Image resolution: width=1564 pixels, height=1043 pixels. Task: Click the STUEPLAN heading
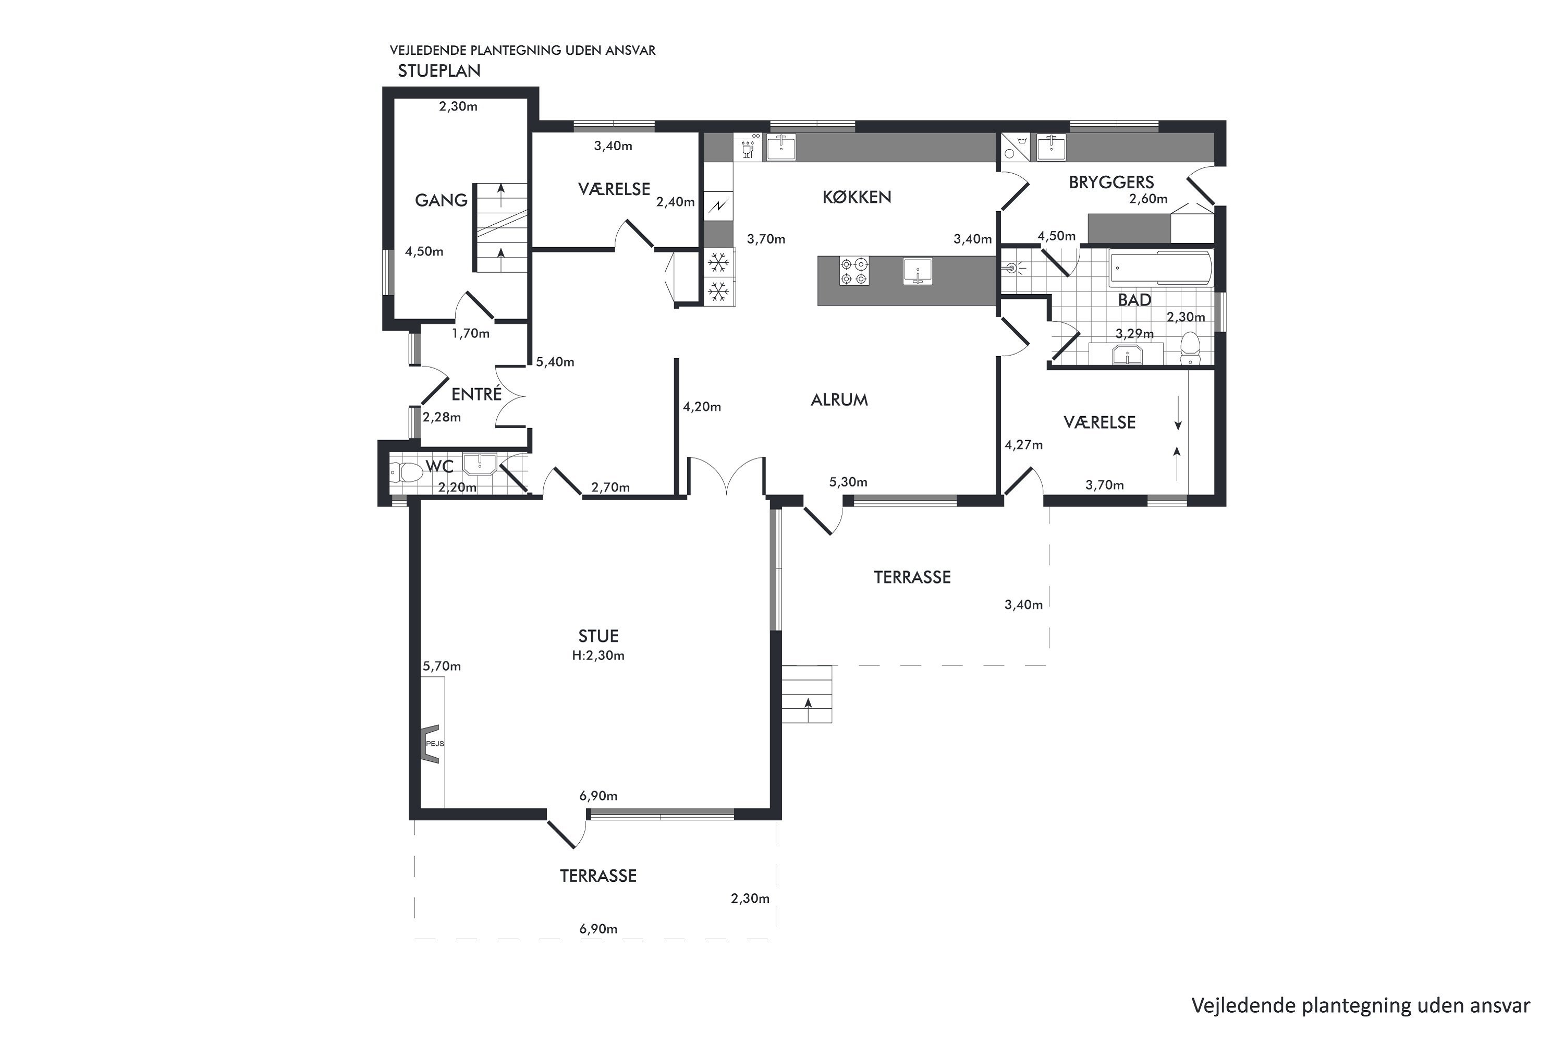(x=439, y=70)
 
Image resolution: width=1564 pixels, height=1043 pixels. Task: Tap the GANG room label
(x=441, y=200)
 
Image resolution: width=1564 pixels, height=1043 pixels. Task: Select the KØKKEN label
(x=857, y=197)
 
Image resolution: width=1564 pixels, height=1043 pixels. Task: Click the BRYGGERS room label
(x=1111, y=182)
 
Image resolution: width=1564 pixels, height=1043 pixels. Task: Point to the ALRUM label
(x=839, y=400)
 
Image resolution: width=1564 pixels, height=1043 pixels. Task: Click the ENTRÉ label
(x=476, y=394)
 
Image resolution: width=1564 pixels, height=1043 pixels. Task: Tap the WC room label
(x=439, y=466)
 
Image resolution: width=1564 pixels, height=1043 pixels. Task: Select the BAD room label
(x=1134, y=300)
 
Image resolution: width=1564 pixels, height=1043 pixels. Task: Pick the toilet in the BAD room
(x=1190, y=348)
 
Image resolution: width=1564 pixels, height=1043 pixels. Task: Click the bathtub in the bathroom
(x=1160, y=268)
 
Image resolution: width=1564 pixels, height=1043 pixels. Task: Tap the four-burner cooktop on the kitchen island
(x=854, y=271)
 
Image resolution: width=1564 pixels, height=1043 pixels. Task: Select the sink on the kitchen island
(x=918, y=271)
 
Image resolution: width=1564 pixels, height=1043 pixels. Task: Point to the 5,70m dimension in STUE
(x=442, y=666)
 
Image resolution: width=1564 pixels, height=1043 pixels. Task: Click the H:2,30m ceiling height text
(x=598, y=655)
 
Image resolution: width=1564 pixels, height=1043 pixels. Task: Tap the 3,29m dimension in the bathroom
(x=1134, y=333)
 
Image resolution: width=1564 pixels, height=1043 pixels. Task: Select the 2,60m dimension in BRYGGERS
(x=1148, y=198)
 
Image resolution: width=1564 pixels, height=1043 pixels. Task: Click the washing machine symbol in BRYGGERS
(x=1015, y=147)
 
